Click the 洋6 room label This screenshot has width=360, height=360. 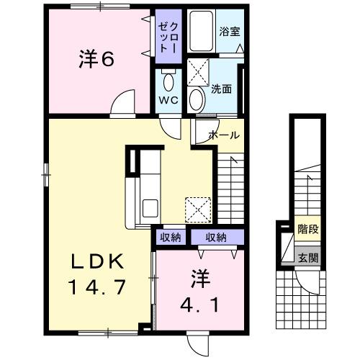[x=96, y=60]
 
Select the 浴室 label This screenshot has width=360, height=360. [x=229, y=32]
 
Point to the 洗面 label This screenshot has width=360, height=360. [x=221, y=89]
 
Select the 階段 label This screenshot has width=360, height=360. [x=307, y=229]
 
